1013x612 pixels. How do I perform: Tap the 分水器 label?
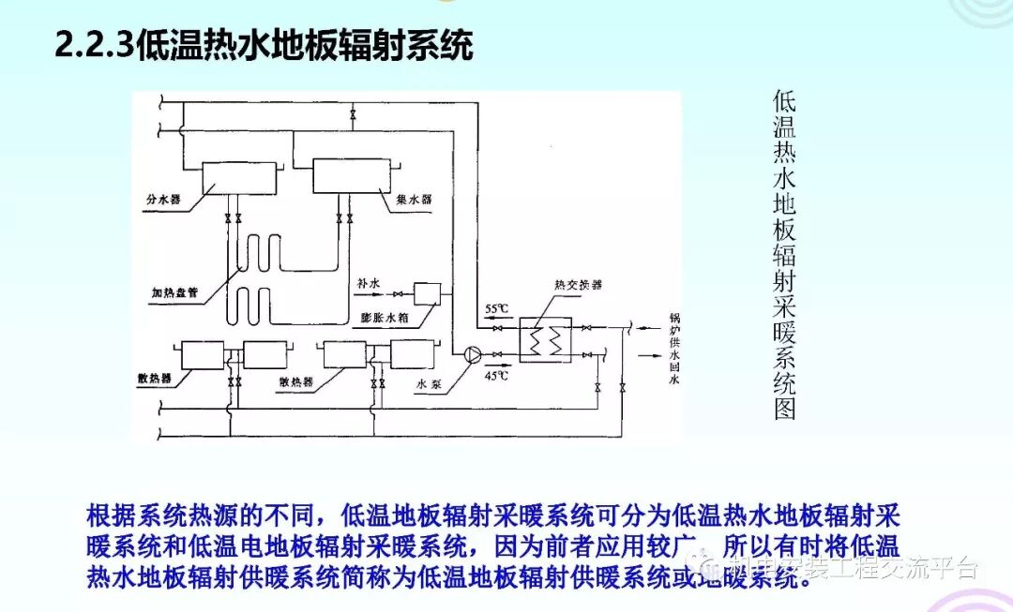(163, 200)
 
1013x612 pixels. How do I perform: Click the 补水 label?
(368, 281)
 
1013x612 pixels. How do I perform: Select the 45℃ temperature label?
(496, 374)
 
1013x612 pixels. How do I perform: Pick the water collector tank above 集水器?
(348, 174)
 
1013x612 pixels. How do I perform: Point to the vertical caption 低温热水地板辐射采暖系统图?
(784, 254)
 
